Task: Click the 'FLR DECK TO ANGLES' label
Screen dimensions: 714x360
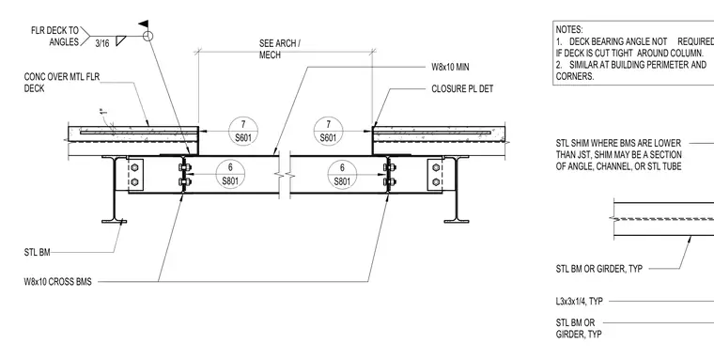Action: pos(54,37)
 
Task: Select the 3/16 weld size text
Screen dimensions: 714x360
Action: pos(102,43)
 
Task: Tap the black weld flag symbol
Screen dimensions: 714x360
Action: pos(144,23)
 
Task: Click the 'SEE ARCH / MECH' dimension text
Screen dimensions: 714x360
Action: pos(280,49)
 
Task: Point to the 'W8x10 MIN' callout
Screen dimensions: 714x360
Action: pos(450,67)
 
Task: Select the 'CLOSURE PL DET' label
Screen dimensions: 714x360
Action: pos(462,88)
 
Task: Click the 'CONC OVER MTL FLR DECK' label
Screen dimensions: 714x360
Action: pos(61,83)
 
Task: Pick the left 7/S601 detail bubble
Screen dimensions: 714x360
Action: pos(243,131)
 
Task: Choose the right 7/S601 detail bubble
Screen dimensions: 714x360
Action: pos(328,131)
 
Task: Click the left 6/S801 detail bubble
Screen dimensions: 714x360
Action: pos(230,175)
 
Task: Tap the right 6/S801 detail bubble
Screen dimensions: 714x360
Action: pos(342,175)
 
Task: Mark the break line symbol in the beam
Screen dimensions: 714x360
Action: pos(285,175)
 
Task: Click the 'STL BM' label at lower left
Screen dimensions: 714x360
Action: pos(37,252)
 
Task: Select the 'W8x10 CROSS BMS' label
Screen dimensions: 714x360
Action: pos(57,282)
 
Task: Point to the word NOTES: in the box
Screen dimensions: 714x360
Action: pos(569,30)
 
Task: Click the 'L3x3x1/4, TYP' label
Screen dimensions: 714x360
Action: pos(580,301)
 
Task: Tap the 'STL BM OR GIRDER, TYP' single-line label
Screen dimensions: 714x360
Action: pos(599,269)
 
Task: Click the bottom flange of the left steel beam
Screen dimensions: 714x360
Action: pos(114,222)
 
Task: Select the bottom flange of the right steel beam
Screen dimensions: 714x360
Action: pos(457,222)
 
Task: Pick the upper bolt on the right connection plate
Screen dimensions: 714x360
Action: pos(436,167)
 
